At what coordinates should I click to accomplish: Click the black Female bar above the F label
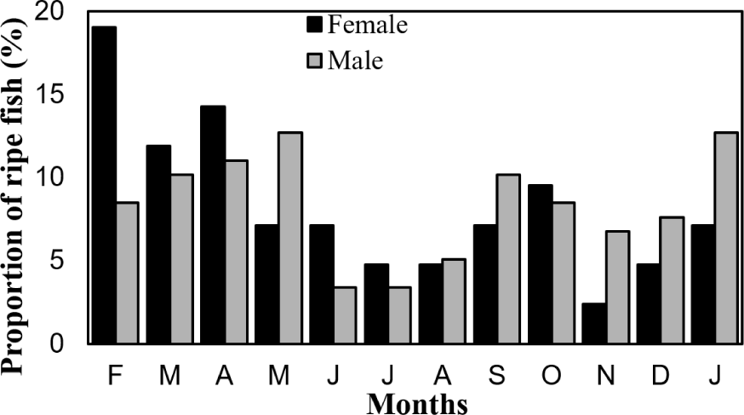104,186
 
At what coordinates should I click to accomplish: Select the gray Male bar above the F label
128,273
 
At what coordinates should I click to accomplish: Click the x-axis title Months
417,401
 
